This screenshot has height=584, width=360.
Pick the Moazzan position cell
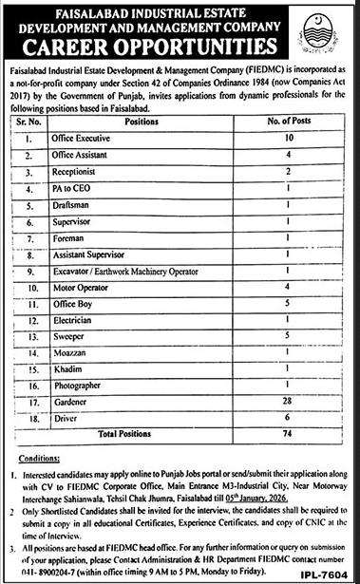[68, 354]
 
